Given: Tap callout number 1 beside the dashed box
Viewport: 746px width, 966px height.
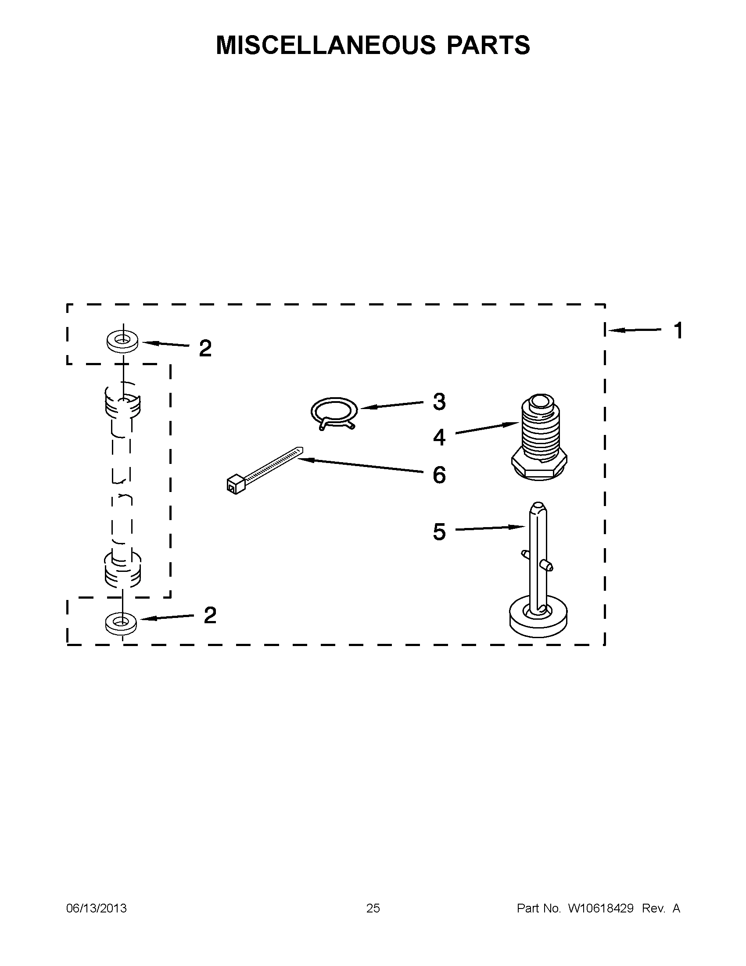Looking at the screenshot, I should tap(678, 331).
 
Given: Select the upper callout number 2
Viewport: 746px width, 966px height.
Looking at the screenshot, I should tap(205, 348).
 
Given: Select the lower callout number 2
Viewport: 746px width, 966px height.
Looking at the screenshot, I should tap(210, 615).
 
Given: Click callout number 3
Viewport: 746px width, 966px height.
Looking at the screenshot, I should tap(439, 402).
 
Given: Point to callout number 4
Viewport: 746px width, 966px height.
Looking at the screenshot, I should tap(439, 437).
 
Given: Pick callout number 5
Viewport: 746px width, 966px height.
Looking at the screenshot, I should tap(439, 531).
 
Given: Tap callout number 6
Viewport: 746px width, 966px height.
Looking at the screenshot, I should tap(439, 475).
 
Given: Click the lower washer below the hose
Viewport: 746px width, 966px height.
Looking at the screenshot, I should tap(121, 623).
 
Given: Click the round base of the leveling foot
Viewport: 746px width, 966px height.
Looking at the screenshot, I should tap(538, 618).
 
